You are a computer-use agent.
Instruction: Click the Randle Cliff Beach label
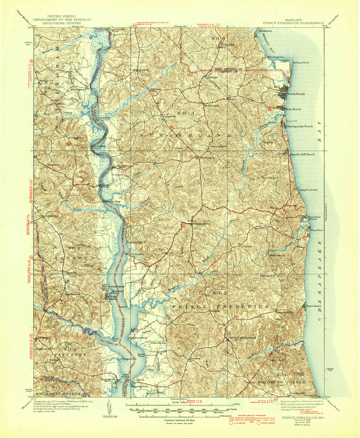[x=302, y=154]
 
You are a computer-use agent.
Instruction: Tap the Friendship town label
[x=228, y=44]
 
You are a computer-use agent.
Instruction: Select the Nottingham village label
[x=77, y=89]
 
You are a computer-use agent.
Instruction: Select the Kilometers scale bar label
[x=225, y=416]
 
